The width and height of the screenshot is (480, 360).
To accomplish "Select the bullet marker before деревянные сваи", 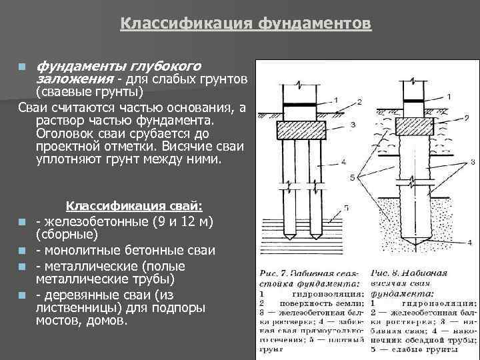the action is pyautogui.click(x=23, y=295).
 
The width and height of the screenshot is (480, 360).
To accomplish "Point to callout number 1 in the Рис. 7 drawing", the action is pyautogui.click(x=336, y=99).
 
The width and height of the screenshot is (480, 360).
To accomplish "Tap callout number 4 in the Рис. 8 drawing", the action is pyautogui.click(x=469, y=241).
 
